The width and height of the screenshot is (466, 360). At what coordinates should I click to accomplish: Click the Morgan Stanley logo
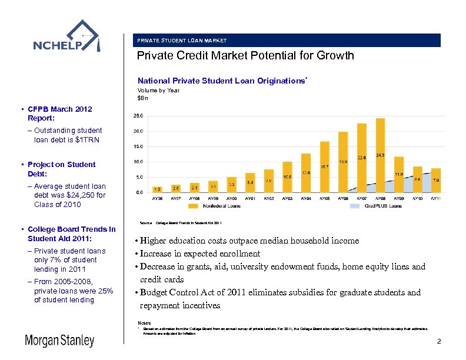59,341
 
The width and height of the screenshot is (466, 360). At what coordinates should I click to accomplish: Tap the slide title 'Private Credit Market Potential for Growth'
245,56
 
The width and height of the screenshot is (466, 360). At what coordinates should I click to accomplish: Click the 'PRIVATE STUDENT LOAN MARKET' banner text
182,41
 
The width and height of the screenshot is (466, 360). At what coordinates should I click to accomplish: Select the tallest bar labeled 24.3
380,155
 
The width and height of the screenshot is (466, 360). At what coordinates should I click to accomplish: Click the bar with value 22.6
362,158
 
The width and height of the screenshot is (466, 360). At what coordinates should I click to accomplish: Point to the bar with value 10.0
287,177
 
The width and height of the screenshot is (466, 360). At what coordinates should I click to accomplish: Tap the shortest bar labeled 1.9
157,189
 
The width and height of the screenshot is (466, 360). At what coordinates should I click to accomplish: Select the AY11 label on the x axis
436,199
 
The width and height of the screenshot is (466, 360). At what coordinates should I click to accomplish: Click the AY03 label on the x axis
287,199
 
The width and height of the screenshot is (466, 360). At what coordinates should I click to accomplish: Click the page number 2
438,342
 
